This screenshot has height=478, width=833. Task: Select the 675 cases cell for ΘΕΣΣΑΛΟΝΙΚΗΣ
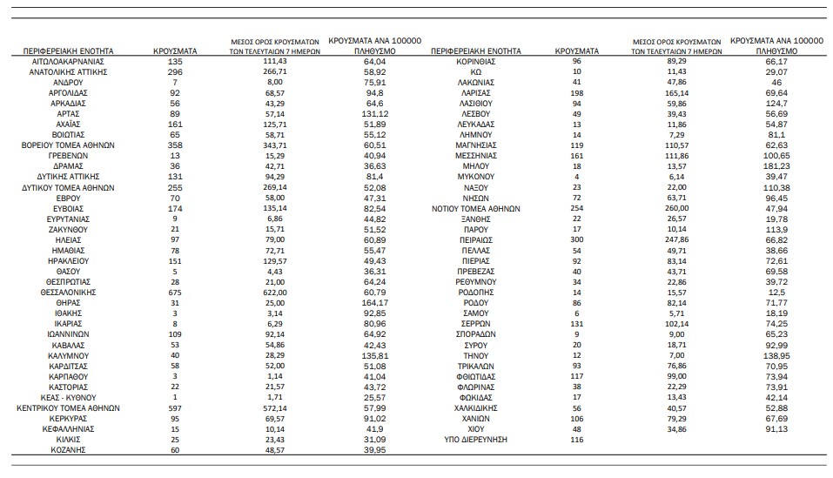click(175, 293)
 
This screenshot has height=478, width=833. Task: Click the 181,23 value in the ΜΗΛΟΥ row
click(772, 165)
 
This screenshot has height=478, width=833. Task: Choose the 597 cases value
click(175, 407)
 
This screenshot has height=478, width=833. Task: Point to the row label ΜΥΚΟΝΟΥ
click(476, 177)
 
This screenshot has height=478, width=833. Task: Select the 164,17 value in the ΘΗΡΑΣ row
click(375, 303)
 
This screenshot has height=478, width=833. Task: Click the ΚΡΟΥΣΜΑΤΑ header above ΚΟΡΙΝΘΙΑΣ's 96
click(576, 51)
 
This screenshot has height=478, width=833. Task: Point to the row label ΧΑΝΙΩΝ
click(476, 418)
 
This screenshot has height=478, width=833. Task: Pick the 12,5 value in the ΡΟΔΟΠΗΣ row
click(772, 293)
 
